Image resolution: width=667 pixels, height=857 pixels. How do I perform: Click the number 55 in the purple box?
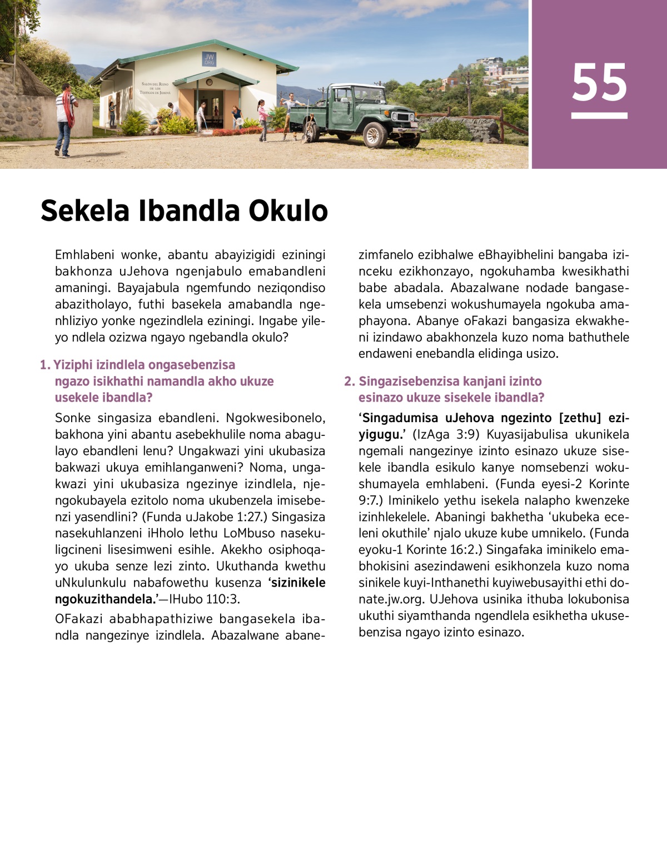coord(599,82)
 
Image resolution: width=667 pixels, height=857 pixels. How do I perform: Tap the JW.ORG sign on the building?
coord(209,59)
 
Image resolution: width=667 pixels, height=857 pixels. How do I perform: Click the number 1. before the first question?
coord(45,365)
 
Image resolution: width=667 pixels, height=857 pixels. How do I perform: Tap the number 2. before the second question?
coord(349,381)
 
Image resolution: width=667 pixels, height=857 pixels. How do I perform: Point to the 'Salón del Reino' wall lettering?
coord(156,87)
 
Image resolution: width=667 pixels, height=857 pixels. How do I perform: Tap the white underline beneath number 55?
coord(599,116)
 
